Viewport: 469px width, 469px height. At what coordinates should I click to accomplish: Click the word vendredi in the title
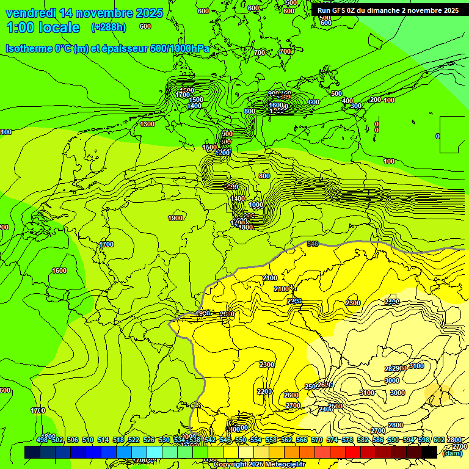(31, 12)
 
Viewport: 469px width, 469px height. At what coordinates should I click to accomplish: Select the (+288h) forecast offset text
(109, 27)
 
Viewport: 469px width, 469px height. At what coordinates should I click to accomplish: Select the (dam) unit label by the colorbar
(452, 453)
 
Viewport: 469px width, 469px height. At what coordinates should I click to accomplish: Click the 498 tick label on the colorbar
(42, 440)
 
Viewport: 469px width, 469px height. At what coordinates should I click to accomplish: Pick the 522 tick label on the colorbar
(134, 440)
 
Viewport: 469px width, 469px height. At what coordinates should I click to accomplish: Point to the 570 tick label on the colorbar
(316, 440)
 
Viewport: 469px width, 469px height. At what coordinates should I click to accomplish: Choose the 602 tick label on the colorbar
(438, 440)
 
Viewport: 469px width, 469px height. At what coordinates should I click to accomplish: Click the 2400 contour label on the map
(392, 302)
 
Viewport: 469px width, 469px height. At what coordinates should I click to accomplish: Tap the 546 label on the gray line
(313, 244)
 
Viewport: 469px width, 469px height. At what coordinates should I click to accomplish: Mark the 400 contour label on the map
(347, 101)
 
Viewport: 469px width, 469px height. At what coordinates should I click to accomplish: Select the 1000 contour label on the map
(256, 205)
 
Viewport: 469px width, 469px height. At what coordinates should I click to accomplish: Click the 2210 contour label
(264, 391)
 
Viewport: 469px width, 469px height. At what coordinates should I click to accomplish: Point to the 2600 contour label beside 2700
(291, 395)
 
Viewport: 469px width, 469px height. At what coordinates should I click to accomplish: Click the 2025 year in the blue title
(149, 12)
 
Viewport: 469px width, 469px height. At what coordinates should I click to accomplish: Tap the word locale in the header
(60, 27)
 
